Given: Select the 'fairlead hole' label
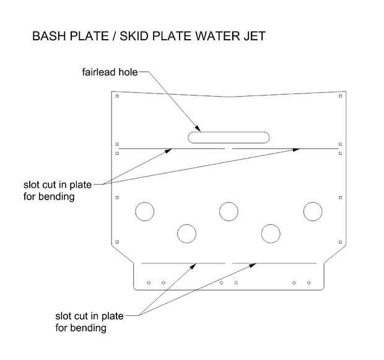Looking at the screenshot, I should point(110,72).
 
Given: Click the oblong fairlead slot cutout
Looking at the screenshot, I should point(229,137).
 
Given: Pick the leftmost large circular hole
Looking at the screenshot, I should point(144,211).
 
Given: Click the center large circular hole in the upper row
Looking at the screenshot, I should point(229,211).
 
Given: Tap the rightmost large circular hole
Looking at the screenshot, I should point(313,211).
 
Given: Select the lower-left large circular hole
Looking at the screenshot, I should point(186,234).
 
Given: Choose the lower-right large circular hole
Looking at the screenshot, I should point(271,234).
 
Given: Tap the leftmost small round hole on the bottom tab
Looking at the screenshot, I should point(149,283).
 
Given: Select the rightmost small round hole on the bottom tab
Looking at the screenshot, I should point(308,283).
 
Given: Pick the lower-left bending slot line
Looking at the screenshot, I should point(183,263).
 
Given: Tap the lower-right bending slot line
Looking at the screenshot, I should point(275,263).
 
